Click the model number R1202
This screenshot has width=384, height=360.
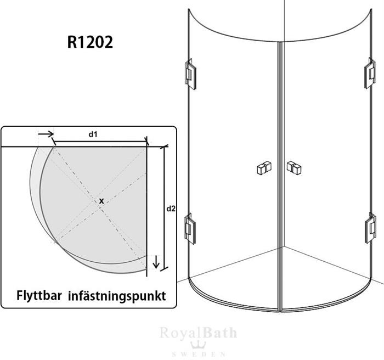[90, 42]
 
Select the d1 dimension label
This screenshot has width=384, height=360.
[93, 134]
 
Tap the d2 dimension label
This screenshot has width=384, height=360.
[171, 209]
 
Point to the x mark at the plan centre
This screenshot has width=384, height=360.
[101, 201]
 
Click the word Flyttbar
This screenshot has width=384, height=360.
[39, 296]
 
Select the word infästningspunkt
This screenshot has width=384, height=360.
[117, 296]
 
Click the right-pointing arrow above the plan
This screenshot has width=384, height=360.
[46, 134]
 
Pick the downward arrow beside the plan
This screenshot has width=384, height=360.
[156, 262]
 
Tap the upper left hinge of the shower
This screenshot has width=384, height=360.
[190, 74]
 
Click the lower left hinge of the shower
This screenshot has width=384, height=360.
[190, 229]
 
